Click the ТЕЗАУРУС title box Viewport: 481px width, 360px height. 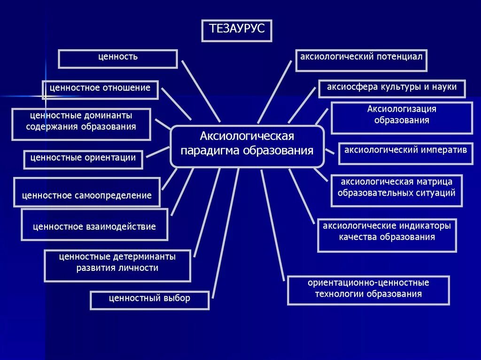tap(237, 31)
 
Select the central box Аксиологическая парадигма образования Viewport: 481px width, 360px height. tap(247, 146)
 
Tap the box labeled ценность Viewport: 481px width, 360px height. tap(118, 59)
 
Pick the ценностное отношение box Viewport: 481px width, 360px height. tap(100, 89)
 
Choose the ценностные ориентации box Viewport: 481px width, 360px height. tap(83, 159)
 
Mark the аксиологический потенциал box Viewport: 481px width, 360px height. tap(361, 60)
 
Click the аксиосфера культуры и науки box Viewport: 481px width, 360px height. tap(392, 88)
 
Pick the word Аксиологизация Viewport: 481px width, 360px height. tap(402, 109)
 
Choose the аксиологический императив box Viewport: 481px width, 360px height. tap(405, 153)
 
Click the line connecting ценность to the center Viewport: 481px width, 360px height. tap(201, 91)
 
